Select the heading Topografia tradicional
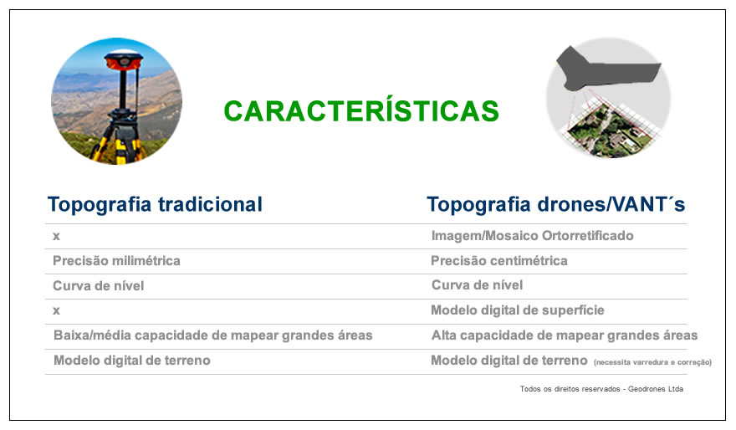pos(155,205)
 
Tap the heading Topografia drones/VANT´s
pos(555,205)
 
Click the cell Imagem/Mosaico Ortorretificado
pos(532,236)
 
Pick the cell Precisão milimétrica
pos(116,260)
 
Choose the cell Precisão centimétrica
pos(499,260)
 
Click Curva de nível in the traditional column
pos(98,285)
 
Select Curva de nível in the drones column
pos(477,285)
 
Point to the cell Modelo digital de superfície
pos(517,310)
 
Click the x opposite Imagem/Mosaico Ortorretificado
pos(56,236)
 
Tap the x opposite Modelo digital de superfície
pos(56,310)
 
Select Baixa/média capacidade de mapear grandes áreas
pos(212,335)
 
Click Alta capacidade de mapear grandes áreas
pos(565,335)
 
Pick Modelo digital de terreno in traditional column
pos(132,360)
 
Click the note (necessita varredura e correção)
pos(652,362)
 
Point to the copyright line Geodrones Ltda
pos(655,389)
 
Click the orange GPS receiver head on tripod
pos(124,60)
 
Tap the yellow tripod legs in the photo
pos(115,141)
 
